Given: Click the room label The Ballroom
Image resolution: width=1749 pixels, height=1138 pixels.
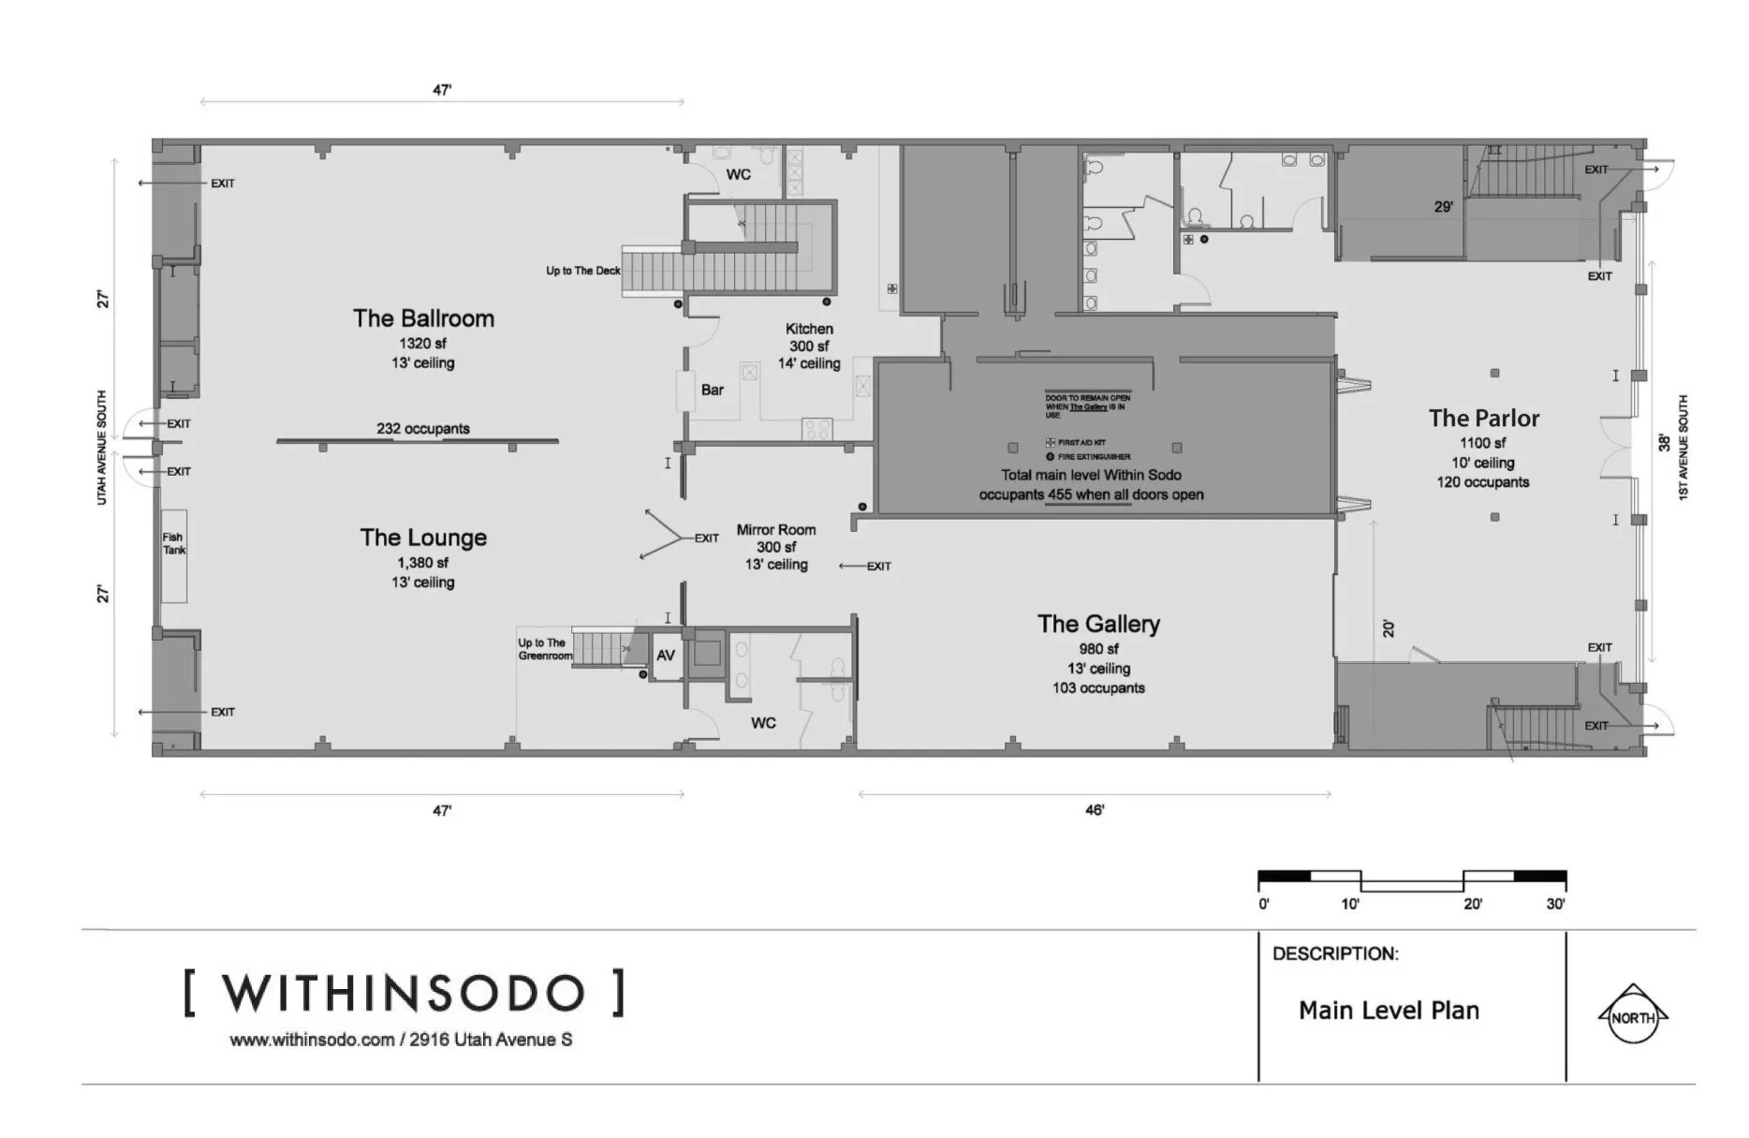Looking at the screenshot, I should [x=423, y=318].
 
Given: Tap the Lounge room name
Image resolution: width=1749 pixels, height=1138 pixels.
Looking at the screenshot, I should [x=423, y=538].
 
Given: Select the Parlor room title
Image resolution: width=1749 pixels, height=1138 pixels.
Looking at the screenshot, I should [x=1483, y=419].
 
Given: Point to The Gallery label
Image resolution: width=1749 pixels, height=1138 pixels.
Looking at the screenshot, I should [x=1098, y=624].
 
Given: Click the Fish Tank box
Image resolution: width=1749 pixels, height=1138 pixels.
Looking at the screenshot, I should [x=174, y=554].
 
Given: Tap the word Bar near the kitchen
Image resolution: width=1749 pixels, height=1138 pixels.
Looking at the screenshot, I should [x=713, y=390].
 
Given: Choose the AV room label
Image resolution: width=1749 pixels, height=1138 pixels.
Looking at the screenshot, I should [x=666, y=656].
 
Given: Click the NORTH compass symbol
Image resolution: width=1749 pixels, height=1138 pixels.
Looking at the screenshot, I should [x=1632, y=1017].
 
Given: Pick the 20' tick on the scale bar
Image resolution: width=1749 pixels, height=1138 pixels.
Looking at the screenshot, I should [x=1473, y=904].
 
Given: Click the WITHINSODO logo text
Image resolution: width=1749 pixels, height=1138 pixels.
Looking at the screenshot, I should [x=404, y=994].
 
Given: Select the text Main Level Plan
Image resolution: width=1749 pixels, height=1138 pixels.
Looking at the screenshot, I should [x=1389, y=1011].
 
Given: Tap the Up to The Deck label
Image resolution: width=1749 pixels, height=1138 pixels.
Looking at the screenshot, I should [x=583, y=271].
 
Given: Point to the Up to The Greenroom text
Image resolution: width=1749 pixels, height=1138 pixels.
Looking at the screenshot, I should [x=544, y=649].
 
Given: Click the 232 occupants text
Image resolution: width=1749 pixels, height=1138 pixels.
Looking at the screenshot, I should [x=423, y=429].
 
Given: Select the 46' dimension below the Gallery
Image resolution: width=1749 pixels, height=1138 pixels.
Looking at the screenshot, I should [x=1095, y=810].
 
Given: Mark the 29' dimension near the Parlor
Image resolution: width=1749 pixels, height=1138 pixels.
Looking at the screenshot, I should [x=1443, y=206].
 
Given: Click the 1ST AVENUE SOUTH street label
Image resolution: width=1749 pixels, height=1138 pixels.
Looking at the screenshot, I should [x=1683, y=448].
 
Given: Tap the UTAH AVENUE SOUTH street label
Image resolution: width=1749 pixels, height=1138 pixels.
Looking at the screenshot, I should [x=102, y=448].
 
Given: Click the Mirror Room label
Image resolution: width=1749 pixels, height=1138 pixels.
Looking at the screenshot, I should [x=775, y=530].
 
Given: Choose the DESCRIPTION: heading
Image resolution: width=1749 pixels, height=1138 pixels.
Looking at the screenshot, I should [x=1335, y=954].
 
